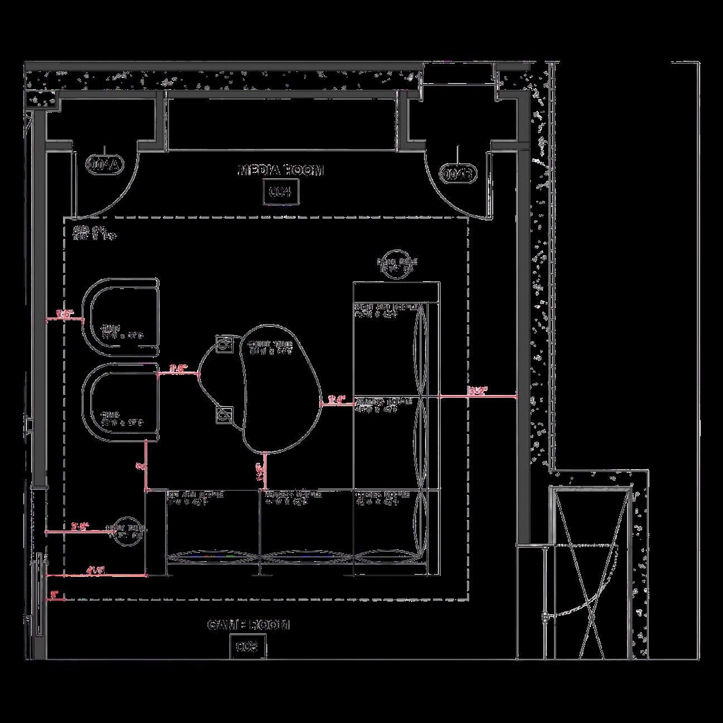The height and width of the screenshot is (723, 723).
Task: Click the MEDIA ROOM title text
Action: (x=281, y=170)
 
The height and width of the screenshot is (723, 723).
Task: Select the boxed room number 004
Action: (x=281, y=192)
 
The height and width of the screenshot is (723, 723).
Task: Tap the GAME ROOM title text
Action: (x=248, y=625)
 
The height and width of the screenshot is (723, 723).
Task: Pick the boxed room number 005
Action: (x=248, y=647)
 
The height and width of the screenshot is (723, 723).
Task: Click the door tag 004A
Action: (x=104, y=164)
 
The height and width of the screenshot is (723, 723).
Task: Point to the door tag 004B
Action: (x=458, y=173)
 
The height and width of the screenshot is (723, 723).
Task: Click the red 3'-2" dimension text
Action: (x=478, y=391)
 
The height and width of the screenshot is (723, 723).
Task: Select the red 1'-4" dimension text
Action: (x=337, y=399)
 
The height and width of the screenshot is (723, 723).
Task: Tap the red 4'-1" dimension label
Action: (x=95, y=570)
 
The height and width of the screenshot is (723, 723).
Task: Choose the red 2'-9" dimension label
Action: (x=80, y=526)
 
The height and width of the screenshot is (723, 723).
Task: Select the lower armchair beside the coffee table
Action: (x=120, y=403)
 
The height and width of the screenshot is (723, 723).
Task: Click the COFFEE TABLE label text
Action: (x=271, y=348)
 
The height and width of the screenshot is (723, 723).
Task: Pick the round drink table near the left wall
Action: (x=128, y=531)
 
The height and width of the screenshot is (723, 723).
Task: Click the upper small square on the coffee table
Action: (x=224, y=344)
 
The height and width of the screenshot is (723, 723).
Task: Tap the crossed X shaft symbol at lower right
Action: (x=590, y=575)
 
